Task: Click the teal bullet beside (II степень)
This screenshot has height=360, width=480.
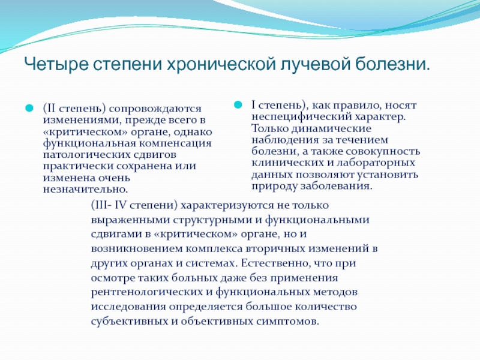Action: (29, 108)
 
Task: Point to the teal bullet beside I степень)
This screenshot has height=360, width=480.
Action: (238, 104)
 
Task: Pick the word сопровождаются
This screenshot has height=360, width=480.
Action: (155, 109)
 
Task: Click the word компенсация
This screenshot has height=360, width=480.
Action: (175, 143)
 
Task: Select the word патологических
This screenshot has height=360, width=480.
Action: (86, 155)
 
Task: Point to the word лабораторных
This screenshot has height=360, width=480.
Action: (376, 163)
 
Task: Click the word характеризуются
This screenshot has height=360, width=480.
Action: (227, 205)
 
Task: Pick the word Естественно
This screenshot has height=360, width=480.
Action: (274, 263)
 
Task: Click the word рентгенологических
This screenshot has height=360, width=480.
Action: (147, 292)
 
